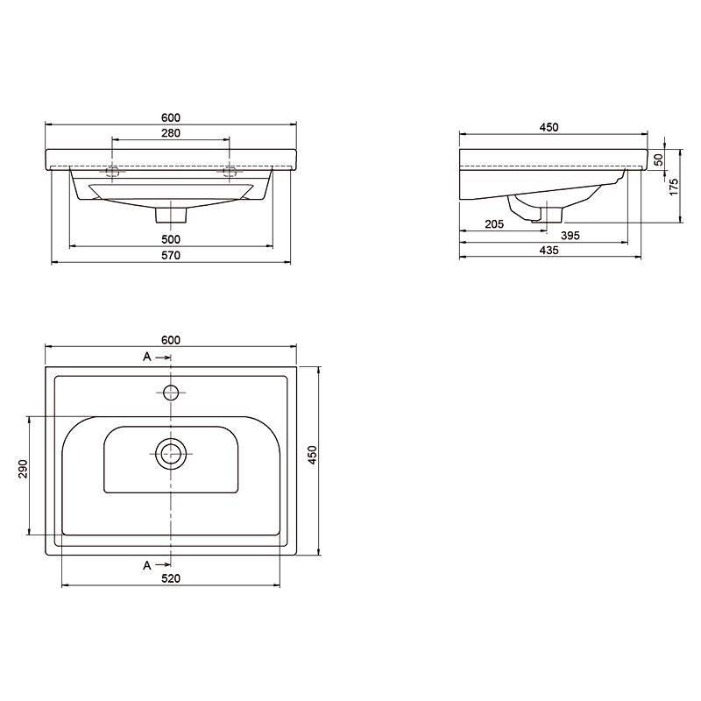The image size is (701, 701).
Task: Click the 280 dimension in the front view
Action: pyautogui.click(x=171, y=133)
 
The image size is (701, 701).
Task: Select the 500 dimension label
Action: pyautogui.click(x=171, y=239)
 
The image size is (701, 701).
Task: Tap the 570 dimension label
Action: pyautogui.click(x=171, y=255)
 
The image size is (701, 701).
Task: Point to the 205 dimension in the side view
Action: pyautogui.click(x=494, y=224)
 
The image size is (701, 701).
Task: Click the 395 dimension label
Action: pyautogui.click(x=570, y=236)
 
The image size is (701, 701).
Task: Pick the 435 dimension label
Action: pyautogui.click(x=549, y=251)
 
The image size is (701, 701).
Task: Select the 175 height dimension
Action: pyautogui.click(x=673, y=187)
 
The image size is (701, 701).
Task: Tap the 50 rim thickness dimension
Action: pyautogui.click(x=659, y=159)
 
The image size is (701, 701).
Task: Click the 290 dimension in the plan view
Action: pyautogui.click(x=23, y=469)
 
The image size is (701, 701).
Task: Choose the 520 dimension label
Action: pyautogui.click(x=171, y=578)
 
